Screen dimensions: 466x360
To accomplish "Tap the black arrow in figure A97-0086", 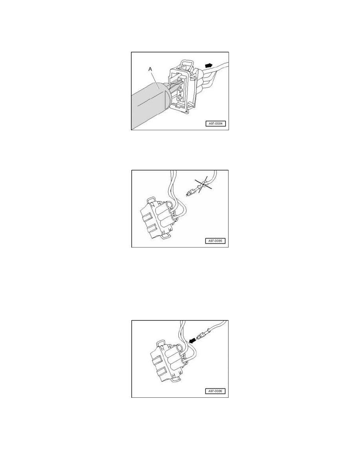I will point(192,341).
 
